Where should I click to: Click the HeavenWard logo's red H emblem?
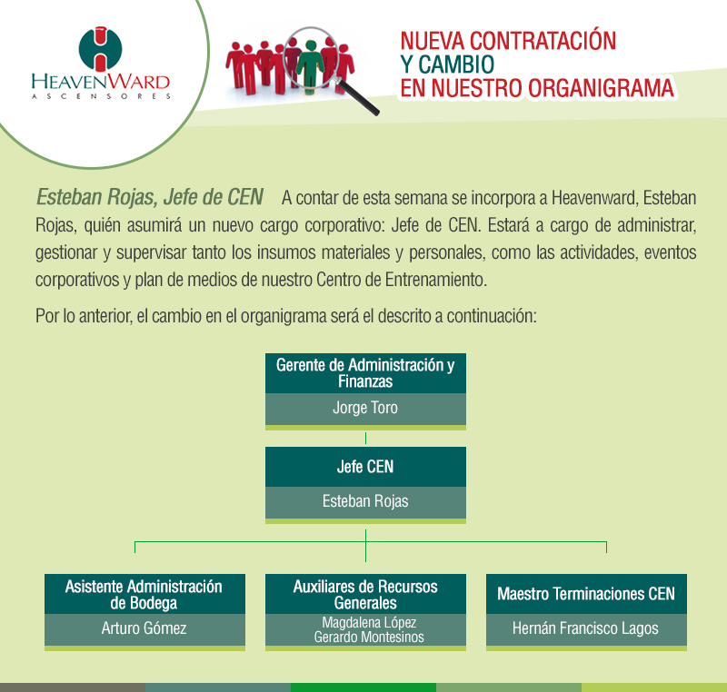tap(100, 49)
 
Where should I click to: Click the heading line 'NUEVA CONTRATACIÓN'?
tap(508, 40)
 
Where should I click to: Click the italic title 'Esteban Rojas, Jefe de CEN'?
tap(149, 197)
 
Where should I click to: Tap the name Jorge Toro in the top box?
tap(365, 408)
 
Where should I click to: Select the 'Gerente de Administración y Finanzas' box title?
tap(365, 373)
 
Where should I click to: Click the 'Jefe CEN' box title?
tap(365, 467)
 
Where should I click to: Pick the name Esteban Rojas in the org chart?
tap(365, 500)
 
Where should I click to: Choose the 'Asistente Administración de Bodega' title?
tap(144, 594)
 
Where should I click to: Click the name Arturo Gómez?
tap(144, 628)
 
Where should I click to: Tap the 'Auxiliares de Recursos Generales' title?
tap(365, 594)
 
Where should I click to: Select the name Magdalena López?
tap(365, 622)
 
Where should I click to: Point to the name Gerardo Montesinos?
tap(365, 637)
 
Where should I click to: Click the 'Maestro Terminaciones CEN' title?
tap(586, 594)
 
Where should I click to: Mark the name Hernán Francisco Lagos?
tap(586, 628)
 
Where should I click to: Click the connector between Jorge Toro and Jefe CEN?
tap(365, 438)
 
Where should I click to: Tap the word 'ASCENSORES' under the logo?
tap(100, 94)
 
